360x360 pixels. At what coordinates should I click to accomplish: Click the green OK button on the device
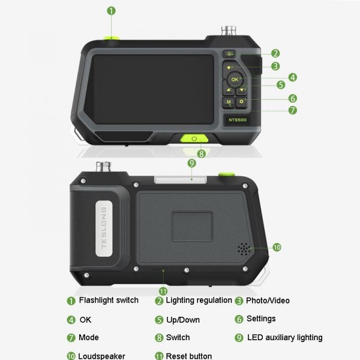(235, 79)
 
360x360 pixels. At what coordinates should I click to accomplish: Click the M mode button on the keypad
(229, 103)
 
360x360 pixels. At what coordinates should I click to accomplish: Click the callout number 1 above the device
(111, 11)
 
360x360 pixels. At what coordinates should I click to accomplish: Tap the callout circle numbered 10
(277, 247)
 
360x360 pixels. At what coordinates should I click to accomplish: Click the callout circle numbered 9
(191, 163)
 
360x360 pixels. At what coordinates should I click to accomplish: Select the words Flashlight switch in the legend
(109, 300)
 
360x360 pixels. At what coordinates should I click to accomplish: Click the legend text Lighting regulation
(199, 300)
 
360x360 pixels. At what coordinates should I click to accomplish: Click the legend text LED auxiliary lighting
(284, 337)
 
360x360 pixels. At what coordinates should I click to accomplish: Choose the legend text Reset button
(188, 356)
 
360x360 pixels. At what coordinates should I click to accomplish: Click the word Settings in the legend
(261, 319)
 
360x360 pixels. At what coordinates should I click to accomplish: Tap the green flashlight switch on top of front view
(110, 38)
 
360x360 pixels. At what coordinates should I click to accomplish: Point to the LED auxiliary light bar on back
(173, 178)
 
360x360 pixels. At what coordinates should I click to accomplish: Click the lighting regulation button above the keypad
(229, 54)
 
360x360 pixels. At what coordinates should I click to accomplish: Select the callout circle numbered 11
(163, 291)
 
